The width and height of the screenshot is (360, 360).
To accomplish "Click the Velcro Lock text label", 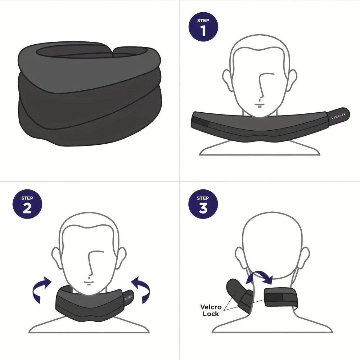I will (x=210, y=310).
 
